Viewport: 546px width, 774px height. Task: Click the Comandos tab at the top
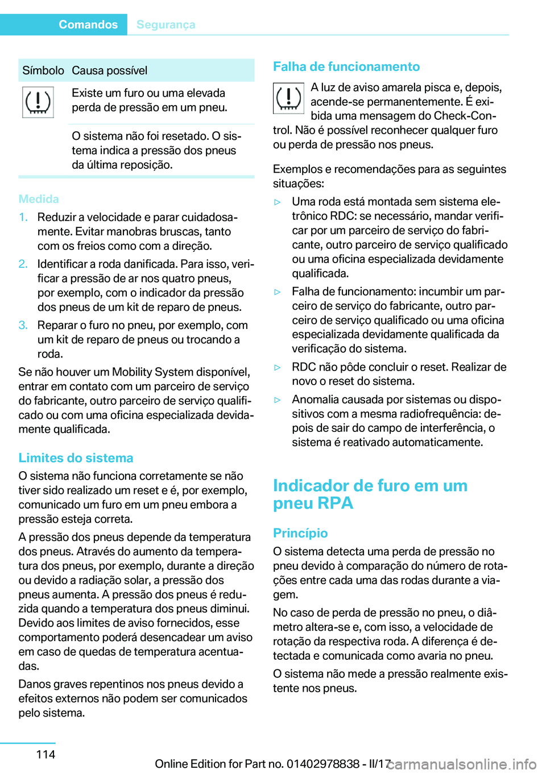[88, 24]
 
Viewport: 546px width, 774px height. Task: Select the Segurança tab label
[166, 24]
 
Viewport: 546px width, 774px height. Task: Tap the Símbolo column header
[43, 70]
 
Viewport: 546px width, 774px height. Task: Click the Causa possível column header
[109, 70]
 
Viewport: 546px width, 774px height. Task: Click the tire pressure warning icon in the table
[38, 102]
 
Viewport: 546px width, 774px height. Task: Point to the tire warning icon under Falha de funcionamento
[288, 98]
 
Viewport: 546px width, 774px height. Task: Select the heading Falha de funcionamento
[346, 66]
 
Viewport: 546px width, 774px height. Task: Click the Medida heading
[39, 199]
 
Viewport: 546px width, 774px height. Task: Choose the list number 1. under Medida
[23, 217]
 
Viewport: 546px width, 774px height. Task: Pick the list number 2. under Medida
[23, 264]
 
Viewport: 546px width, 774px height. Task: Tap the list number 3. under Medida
[23, 325]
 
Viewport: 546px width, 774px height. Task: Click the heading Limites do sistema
[76, 458]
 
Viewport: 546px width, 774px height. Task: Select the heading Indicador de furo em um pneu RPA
[370, 494]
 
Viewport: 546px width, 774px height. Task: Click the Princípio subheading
[300, 533]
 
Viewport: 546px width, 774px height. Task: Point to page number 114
[45, 754]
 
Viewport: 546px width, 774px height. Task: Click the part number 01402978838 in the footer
[323, 764]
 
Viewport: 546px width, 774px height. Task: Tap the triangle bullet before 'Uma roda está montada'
[278, 202]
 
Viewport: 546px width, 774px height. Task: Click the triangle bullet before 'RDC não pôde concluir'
[278, 367]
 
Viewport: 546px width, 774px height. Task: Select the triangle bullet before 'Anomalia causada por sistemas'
[278, 400]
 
